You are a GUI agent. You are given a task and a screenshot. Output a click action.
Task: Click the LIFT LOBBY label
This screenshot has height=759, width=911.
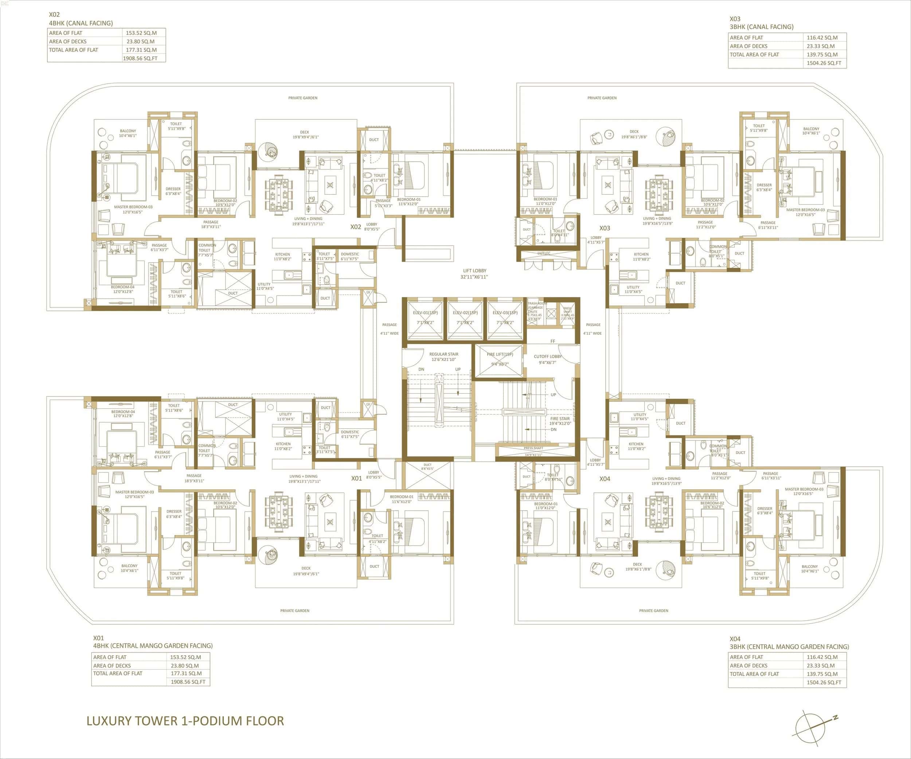coord(474,273)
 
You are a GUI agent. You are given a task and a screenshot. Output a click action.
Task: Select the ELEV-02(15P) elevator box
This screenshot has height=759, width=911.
coord(465,321)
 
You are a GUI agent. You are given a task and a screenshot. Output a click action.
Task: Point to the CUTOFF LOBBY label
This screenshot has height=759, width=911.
coord(547,359)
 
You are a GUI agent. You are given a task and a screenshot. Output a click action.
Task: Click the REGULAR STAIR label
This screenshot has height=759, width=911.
coord(444,357)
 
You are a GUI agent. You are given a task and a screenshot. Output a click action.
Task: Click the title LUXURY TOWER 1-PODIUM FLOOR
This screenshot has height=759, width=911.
coord(185,721)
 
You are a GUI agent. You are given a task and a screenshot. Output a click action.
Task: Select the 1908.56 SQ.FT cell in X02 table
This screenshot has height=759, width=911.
coord(140,58)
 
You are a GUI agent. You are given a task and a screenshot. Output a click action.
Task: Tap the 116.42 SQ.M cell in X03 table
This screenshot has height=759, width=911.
coord(822,38)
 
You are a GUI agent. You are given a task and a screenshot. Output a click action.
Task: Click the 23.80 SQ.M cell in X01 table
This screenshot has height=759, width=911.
coord(185,665)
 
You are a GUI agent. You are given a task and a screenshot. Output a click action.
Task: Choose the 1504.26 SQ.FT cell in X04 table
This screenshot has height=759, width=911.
coord(824,682)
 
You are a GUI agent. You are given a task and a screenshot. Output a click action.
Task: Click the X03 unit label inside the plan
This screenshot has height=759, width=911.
coord(605,228)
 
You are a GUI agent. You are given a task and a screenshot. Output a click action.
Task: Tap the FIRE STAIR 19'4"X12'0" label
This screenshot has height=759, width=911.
coord(560,421)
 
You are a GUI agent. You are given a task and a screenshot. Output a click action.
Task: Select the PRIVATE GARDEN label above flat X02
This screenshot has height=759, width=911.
coord(303,98)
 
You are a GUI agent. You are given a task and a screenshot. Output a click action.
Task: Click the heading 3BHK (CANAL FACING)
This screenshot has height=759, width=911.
coord(761,27)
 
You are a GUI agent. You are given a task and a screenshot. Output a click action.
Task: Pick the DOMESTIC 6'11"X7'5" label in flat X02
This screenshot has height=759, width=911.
coord(350,257)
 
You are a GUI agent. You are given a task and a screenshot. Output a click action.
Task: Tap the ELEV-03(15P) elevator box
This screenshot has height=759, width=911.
coord(505,321)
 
